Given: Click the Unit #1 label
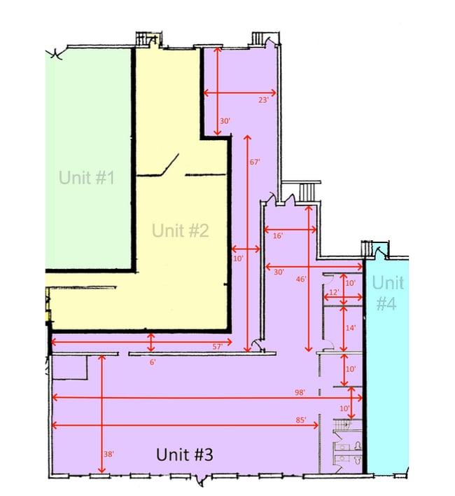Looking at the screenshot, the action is [x=87, y=177].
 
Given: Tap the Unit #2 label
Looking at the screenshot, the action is [x=181, y=230].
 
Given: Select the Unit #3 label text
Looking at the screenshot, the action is [x=185, y=455].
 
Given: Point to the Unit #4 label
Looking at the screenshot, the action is [x=388, y=293].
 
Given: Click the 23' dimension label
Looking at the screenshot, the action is [x=263, y=100].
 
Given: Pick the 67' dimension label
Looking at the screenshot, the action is [x=255, y=162].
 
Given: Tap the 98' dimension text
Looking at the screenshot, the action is [x=300, y=392].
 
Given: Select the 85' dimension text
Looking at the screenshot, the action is [x=301, y=420].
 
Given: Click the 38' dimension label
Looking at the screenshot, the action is [x=108, y=454].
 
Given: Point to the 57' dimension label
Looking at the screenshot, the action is [x=218, y=347].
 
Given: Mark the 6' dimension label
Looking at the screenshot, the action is [x=153, y=362].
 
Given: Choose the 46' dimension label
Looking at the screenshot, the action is [x=301, y=279].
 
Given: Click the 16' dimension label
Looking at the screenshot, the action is [x=278, y=235].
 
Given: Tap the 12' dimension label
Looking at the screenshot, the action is [x=334, y=292].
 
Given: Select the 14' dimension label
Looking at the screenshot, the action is [x=351, y=328].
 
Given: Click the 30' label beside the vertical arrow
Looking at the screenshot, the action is [x=225, y=120].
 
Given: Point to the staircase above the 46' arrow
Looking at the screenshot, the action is [x=307, y=192].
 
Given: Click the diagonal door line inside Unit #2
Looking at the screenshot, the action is [x=171, y=164].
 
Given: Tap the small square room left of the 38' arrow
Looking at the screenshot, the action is [x=70, y=367].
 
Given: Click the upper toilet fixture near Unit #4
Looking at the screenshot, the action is [x=358, y=446].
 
